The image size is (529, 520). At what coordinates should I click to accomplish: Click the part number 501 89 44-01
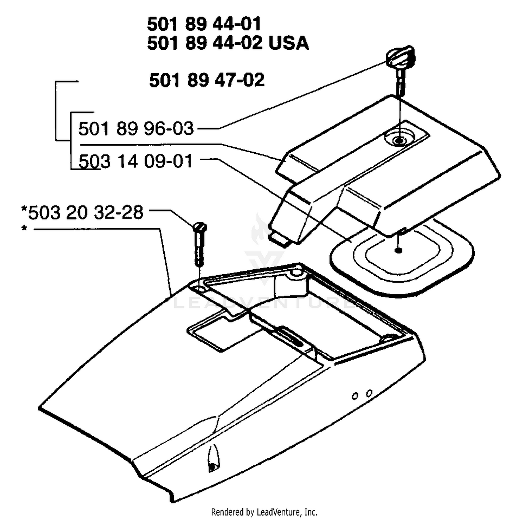(x=204, y=24)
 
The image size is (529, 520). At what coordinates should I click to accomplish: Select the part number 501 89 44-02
(x=205, y=43)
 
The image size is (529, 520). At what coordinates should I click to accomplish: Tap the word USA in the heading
(x=288, y=43)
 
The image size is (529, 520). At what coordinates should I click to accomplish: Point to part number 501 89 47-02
(x=207, y=80)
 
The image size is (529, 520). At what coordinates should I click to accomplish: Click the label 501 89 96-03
(x=136, y=128)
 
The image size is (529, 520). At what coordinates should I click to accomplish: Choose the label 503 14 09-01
(x=136, y=161)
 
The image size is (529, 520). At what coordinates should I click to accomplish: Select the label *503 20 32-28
(x=82, y=213)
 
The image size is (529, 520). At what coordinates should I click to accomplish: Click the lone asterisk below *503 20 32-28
(x=24, y=229)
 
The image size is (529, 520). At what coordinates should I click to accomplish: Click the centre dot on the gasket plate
(x=399, y=250)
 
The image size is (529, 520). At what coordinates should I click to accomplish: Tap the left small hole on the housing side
(x=355, y=396)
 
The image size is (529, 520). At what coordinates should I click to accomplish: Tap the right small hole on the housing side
(x=369, y=393)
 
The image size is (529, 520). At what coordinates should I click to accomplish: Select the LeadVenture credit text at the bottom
(x=264, y=512)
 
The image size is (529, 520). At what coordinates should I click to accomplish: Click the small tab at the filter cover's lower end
(x=279, y=239)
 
